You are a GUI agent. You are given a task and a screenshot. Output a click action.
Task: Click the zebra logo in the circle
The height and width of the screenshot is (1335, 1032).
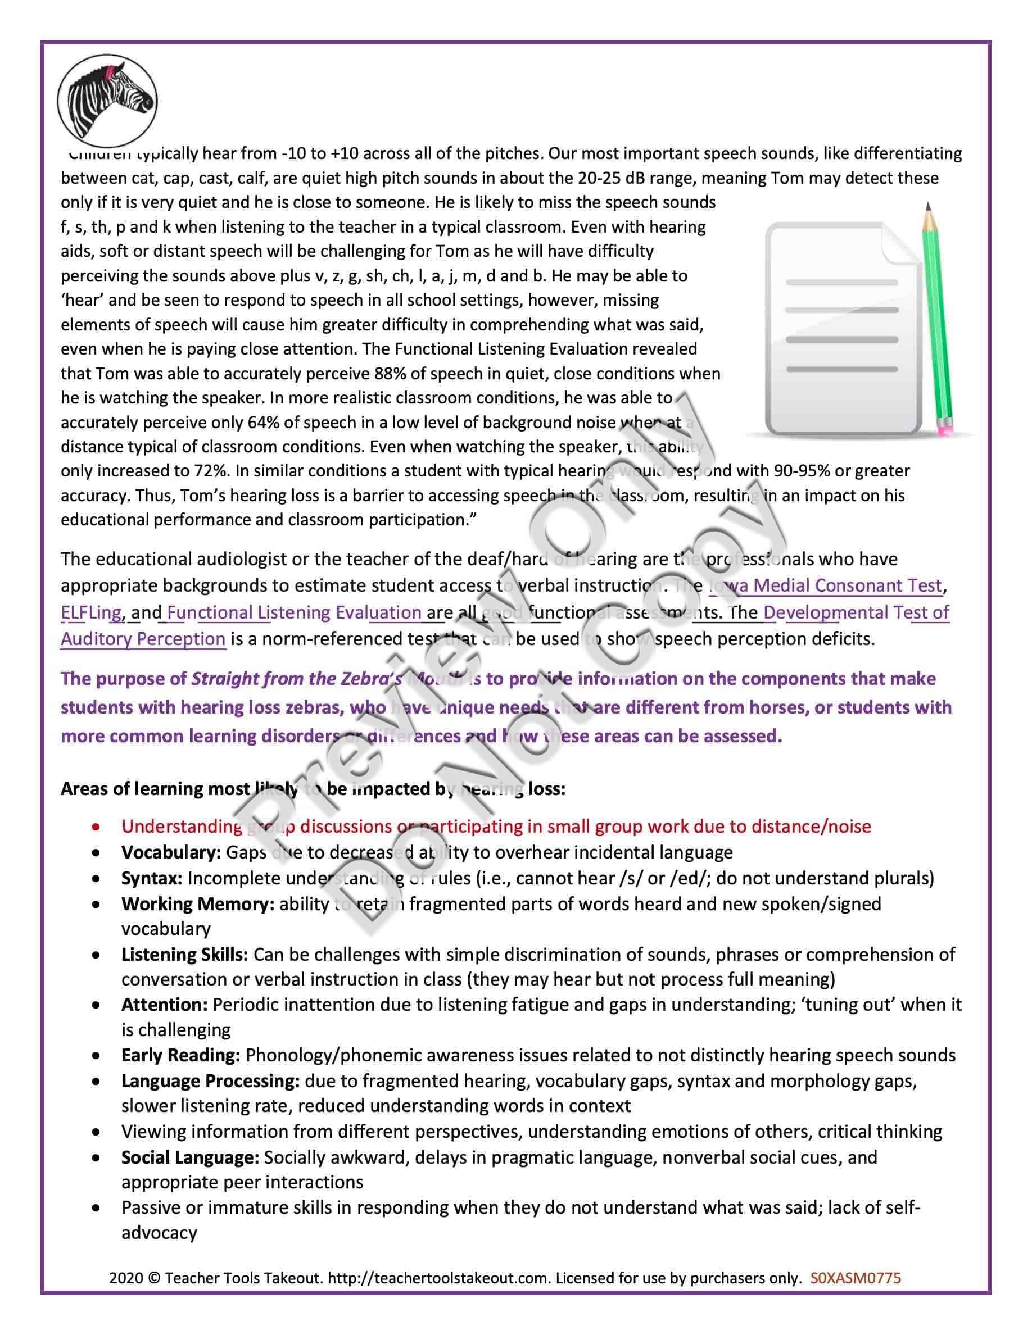107,102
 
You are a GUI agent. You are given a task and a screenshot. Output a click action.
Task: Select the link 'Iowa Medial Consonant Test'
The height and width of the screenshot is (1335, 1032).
825,585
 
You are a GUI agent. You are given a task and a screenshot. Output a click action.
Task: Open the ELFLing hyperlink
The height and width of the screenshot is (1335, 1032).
91,612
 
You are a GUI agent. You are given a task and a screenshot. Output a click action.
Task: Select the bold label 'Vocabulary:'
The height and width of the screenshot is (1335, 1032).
170,852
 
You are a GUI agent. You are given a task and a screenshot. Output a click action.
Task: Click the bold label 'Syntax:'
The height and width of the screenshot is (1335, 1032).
152,878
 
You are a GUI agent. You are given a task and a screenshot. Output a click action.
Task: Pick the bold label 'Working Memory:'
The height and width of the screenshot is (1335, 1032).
197,903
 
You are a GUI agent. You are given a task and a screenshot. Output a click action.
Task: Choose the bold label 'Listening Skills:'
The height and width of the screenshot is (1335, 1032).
184,954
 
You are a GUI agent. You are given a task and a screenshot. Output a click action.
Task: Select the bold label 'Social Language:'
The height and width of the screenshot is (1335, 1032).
190,1157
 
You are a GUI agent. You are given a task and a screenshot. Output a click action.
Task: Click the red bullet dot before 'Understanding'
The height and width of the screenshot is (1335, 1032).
96,827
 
